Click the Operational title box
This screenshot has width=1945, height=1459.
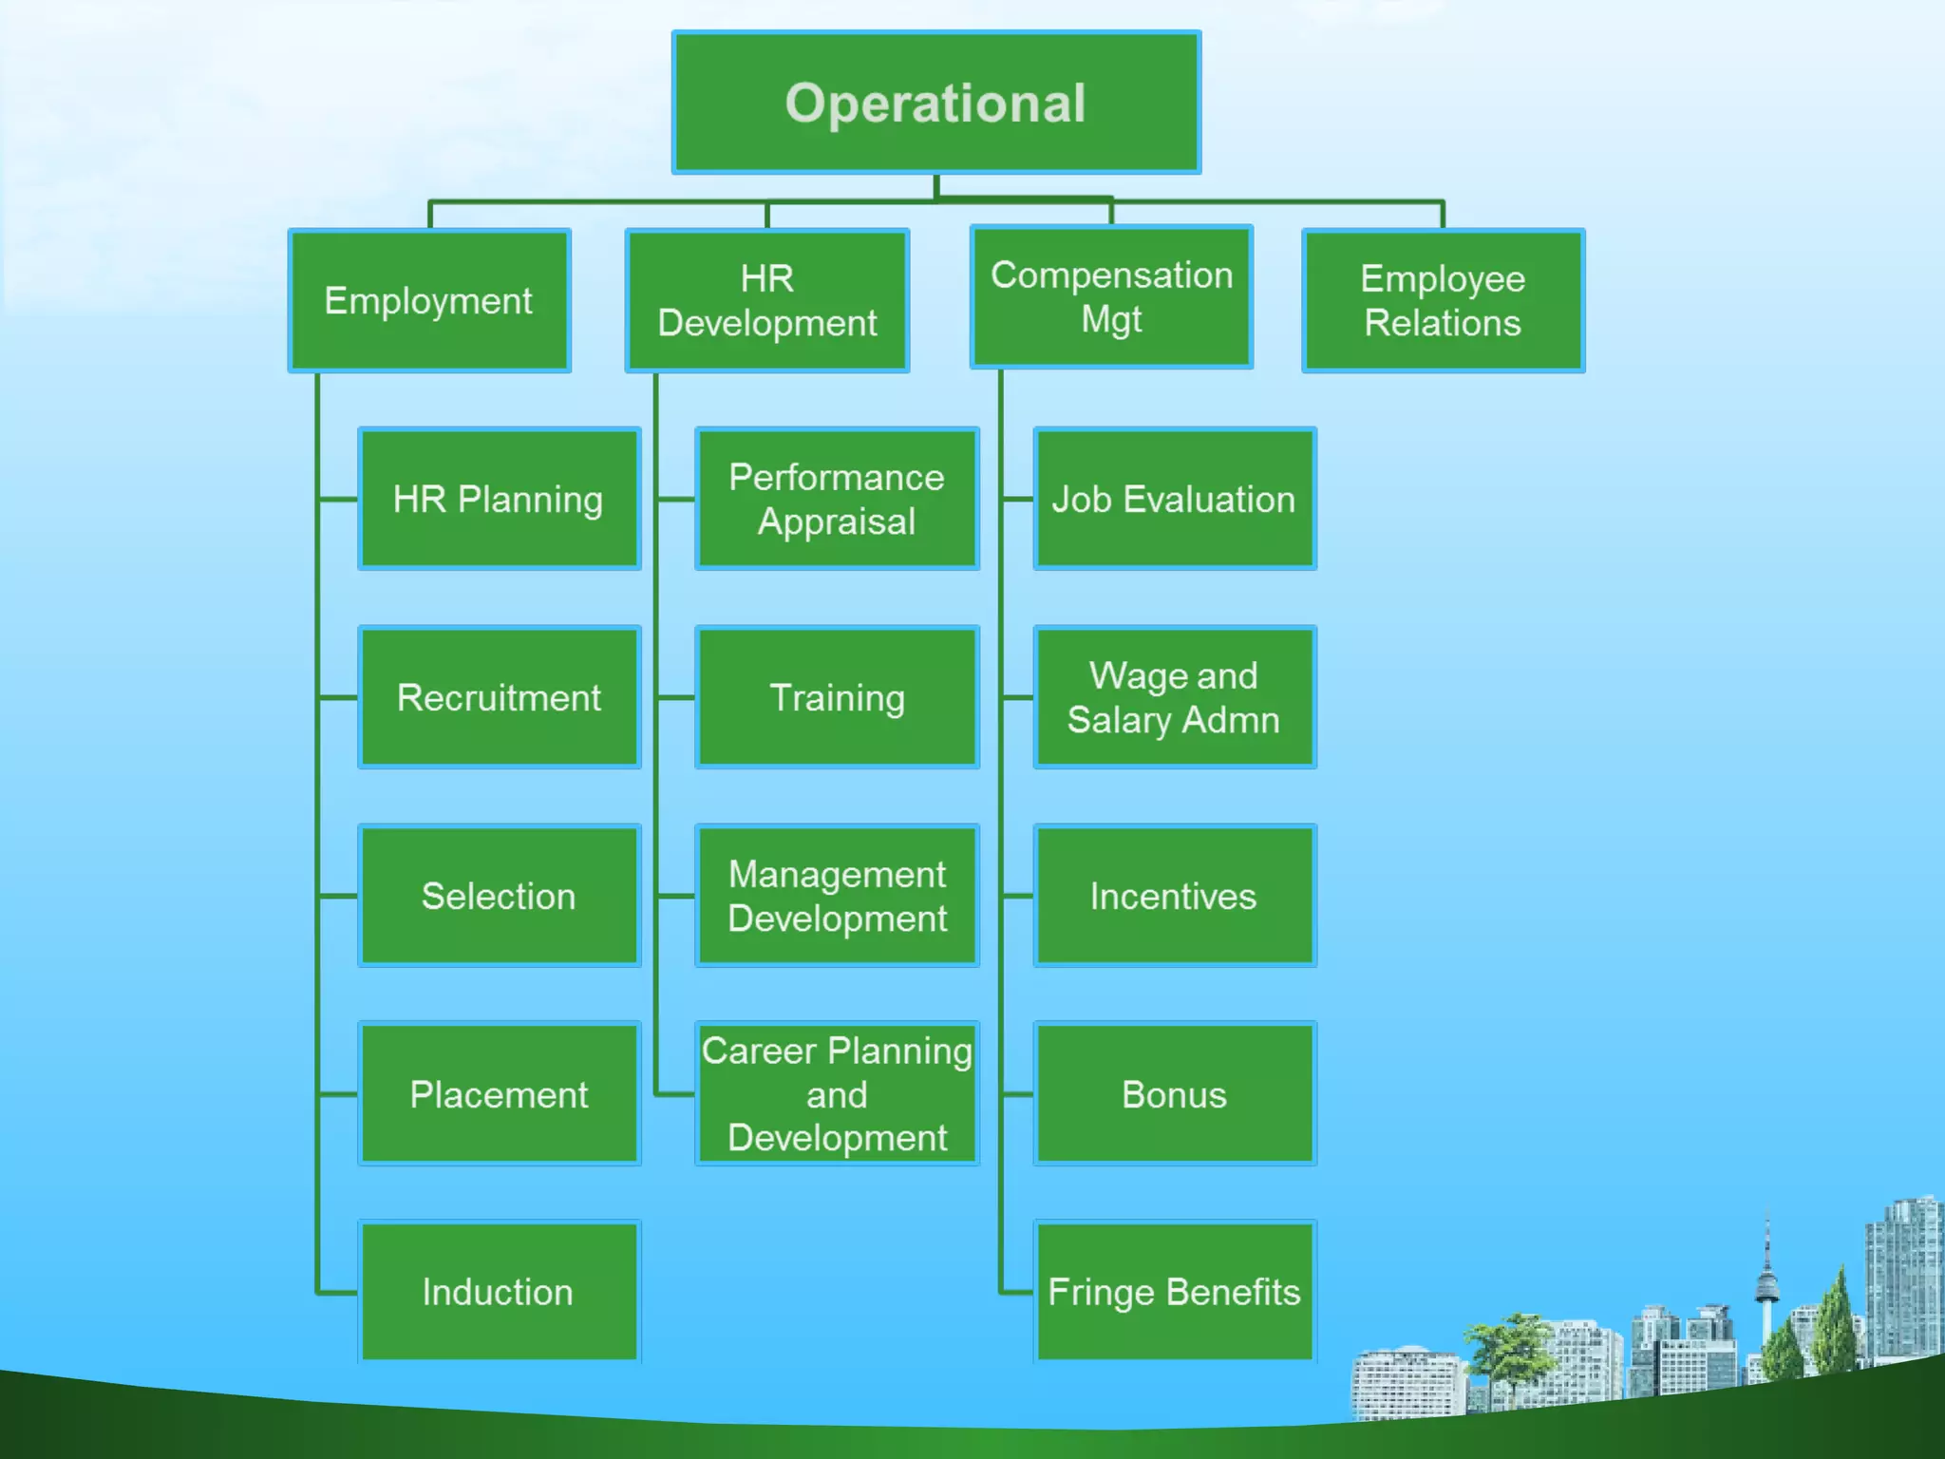tap(935, 103)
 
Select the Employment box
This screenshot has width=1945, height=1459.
tap(429, 300)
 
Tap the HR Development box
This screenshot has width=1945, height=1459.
tap(766, 300)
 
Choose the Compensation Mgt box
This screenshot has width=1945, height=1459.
tap(1111, 296)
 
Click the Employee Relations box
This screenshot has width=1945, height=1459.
tap(1443, 300)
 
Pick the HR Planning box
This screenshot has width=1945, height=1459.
tap(499, 499)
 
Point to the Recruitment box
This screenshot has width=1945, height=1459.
tap(499, 697)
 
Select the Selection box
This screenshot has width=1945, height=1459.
tap(499, 896)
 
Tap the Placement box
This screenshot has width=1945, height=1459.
tap(499, 1093)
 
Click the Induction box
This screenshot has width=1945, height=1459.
tap(499, 1292)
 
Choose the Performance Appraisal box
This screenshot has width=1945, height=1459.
tap(837, 499)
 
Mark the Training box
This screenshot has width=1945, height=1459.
tap(837, 697)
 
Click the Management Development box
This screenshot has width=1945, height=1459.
tap(837, 896)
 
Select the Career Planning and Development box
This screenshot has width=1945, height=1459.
tap(837, 1093)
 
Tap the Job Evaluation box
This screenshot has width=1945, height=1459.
tap(1174, 499)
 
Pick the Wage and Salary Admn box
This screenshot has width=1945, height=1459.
tap(1174, 697)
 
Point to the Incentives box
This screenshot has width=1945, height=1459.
tap(1174, 896)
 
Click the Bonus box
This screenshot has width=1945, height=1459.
tap(1174, 1093)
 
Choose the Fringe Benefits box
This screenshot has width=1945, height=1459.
tap(1174, 1292)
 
